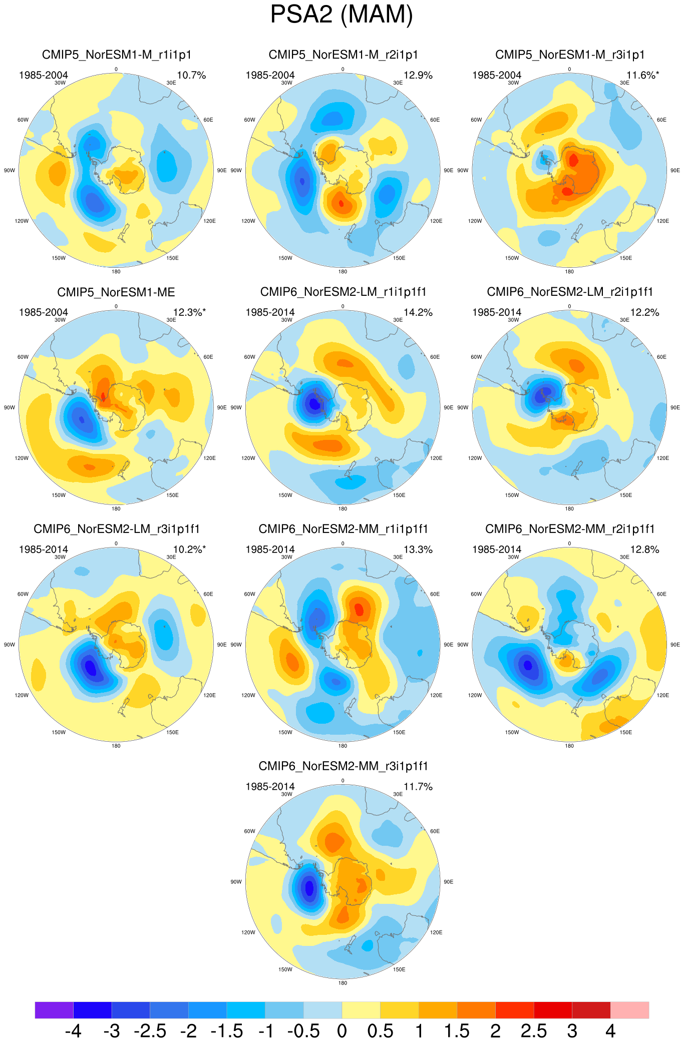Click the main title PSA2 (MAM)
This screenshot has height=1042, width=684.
[341, 15]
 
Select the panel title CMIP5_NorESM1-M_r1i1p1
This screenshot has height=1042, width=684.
[117, 55]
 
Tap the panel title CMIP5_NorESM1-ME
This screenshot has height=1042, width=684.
[116, 292]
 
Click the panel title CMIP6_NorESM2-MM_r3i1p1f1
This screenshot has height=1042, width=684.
[344, 766]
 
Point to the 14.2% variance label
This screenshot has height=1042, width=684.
[418, 312]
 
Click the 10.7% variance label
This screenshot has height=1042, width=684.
[191, 75]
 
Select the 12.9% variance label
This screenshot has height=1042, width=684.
[418, 75]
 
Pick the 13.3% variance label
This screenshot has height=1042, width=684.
[418, 550]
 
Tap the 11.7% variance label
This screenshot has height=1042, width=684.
[418, 787]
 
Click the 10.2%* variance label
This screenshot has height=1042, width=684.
[189, 550]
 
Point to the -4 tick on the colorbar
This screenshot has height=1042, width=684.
[73, 1031]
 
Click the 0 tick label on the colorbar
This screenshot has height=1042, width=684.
[342, 1031]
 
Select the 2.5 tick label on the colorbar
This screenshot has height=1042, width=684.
[534, 1031]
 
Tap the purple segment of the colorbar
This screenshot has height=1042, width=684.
[54, 1010]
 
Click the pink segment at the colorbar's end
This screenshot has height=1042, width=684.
[629, 1010]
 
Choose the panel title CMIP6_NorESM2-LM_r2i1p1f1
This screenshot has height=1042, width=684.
[570, 292]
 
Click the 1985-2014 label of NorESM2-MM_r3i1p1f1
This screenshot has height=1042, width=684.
[270, 787]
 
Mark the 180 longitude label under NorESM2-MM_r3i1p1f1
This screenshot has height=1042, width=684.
[343, 983]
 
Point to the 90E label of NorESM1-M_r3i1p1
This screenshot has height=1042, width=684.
[675, 171]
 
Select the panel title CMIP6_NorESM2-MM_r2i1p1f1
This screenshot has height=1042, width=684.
[570, 529]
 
